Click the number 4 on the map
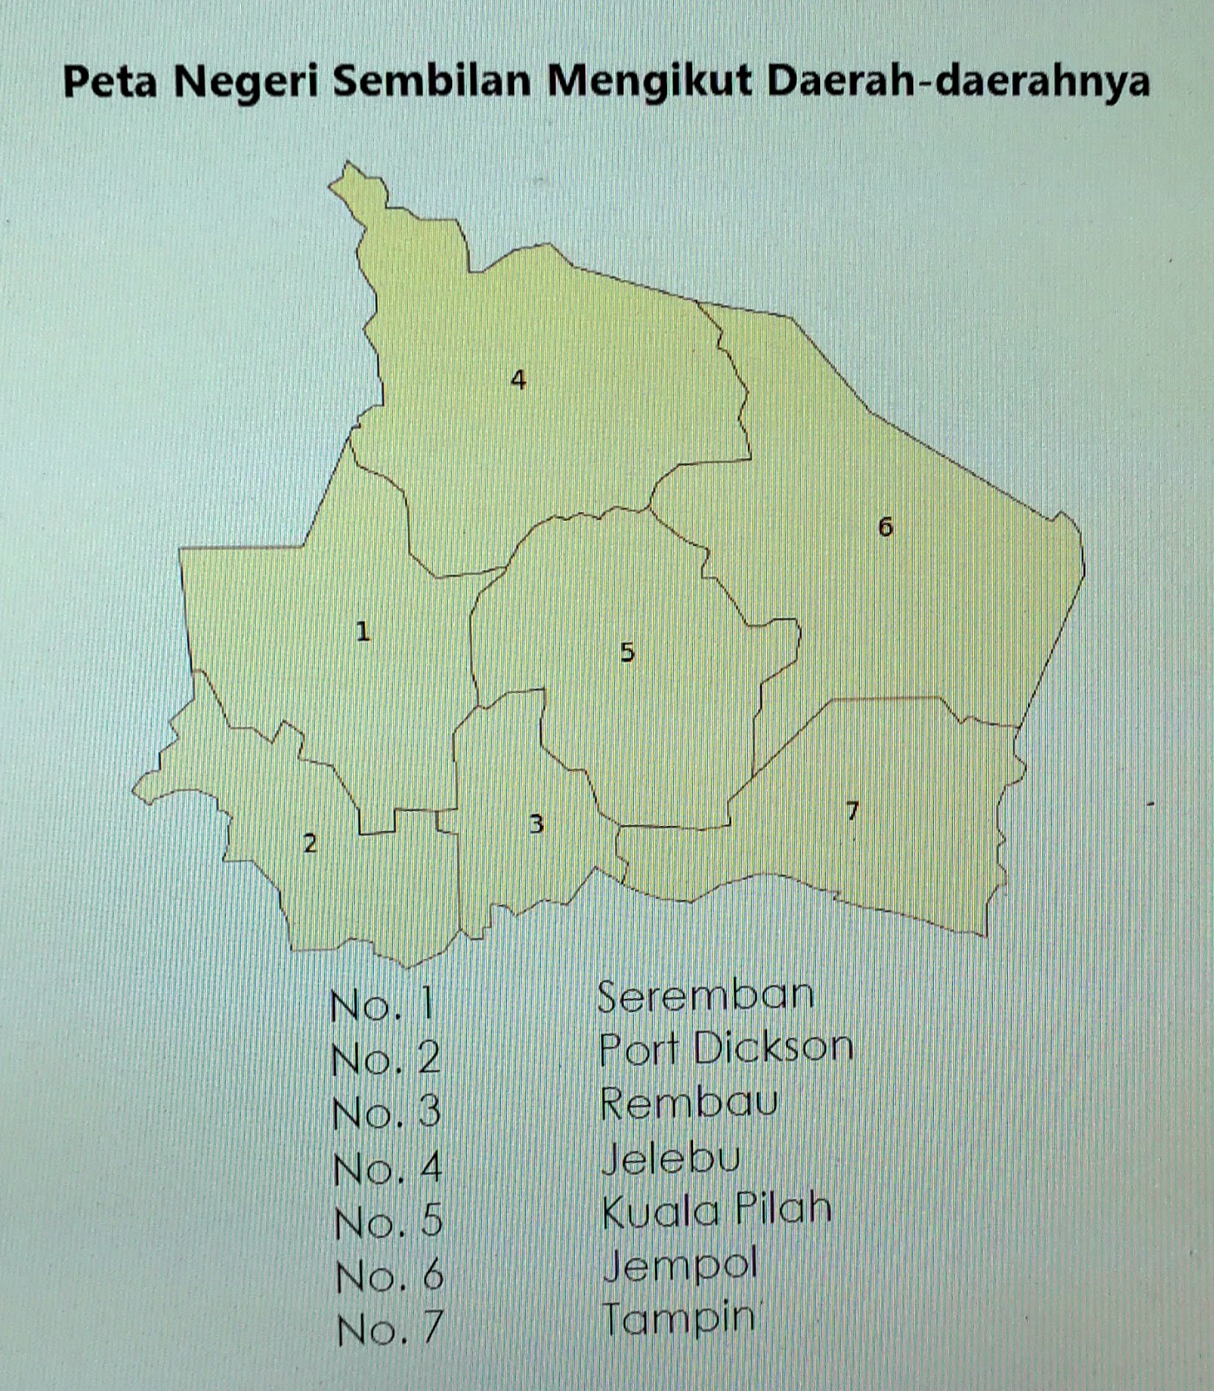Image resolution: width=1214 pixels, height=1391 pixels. point(518,380)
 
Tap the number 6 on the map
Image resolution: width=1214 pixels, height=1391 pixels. point(885,526)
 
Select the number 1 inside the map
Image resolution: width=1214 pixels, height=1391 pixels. point(363,632)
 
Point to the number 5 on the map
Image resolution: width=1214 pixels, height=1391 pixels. point(627,652)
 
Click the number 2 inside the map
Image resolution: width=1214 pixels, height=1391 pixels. point(310,843)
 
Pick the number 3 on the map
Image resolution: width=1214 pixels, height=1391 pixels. point(537,823)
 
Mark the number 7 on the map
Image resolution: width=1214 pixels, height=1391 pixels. point(852,811)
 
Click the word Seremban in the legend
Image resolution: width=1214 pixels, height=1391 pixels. point(705,996)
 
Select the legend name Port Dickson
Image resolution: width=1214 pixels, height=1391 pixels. point(726,1049)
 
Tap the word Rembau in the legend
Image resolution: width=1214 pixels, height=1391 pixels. point(689,1104)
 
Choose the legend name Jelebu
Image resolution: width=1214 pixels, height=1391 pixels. point(670,1158)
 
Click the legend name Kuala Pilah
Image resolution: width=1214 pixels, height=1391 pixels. point(717,1211)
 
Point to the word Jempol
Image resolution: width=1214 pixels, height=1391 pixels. point(680,1266)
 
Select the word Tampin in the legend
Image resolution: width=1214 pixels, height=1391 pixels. point(678,1319)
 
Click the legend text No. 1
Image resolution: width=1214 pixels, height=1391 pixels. point(382,1005)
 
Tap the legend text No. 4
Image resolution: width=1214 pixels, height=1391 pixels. point(388,1168)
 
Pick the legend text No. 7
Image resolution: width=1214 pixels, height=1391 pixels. point(390,1329)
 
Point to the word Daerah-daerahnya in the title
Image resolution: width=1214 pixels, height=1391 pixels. point(958,83)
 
